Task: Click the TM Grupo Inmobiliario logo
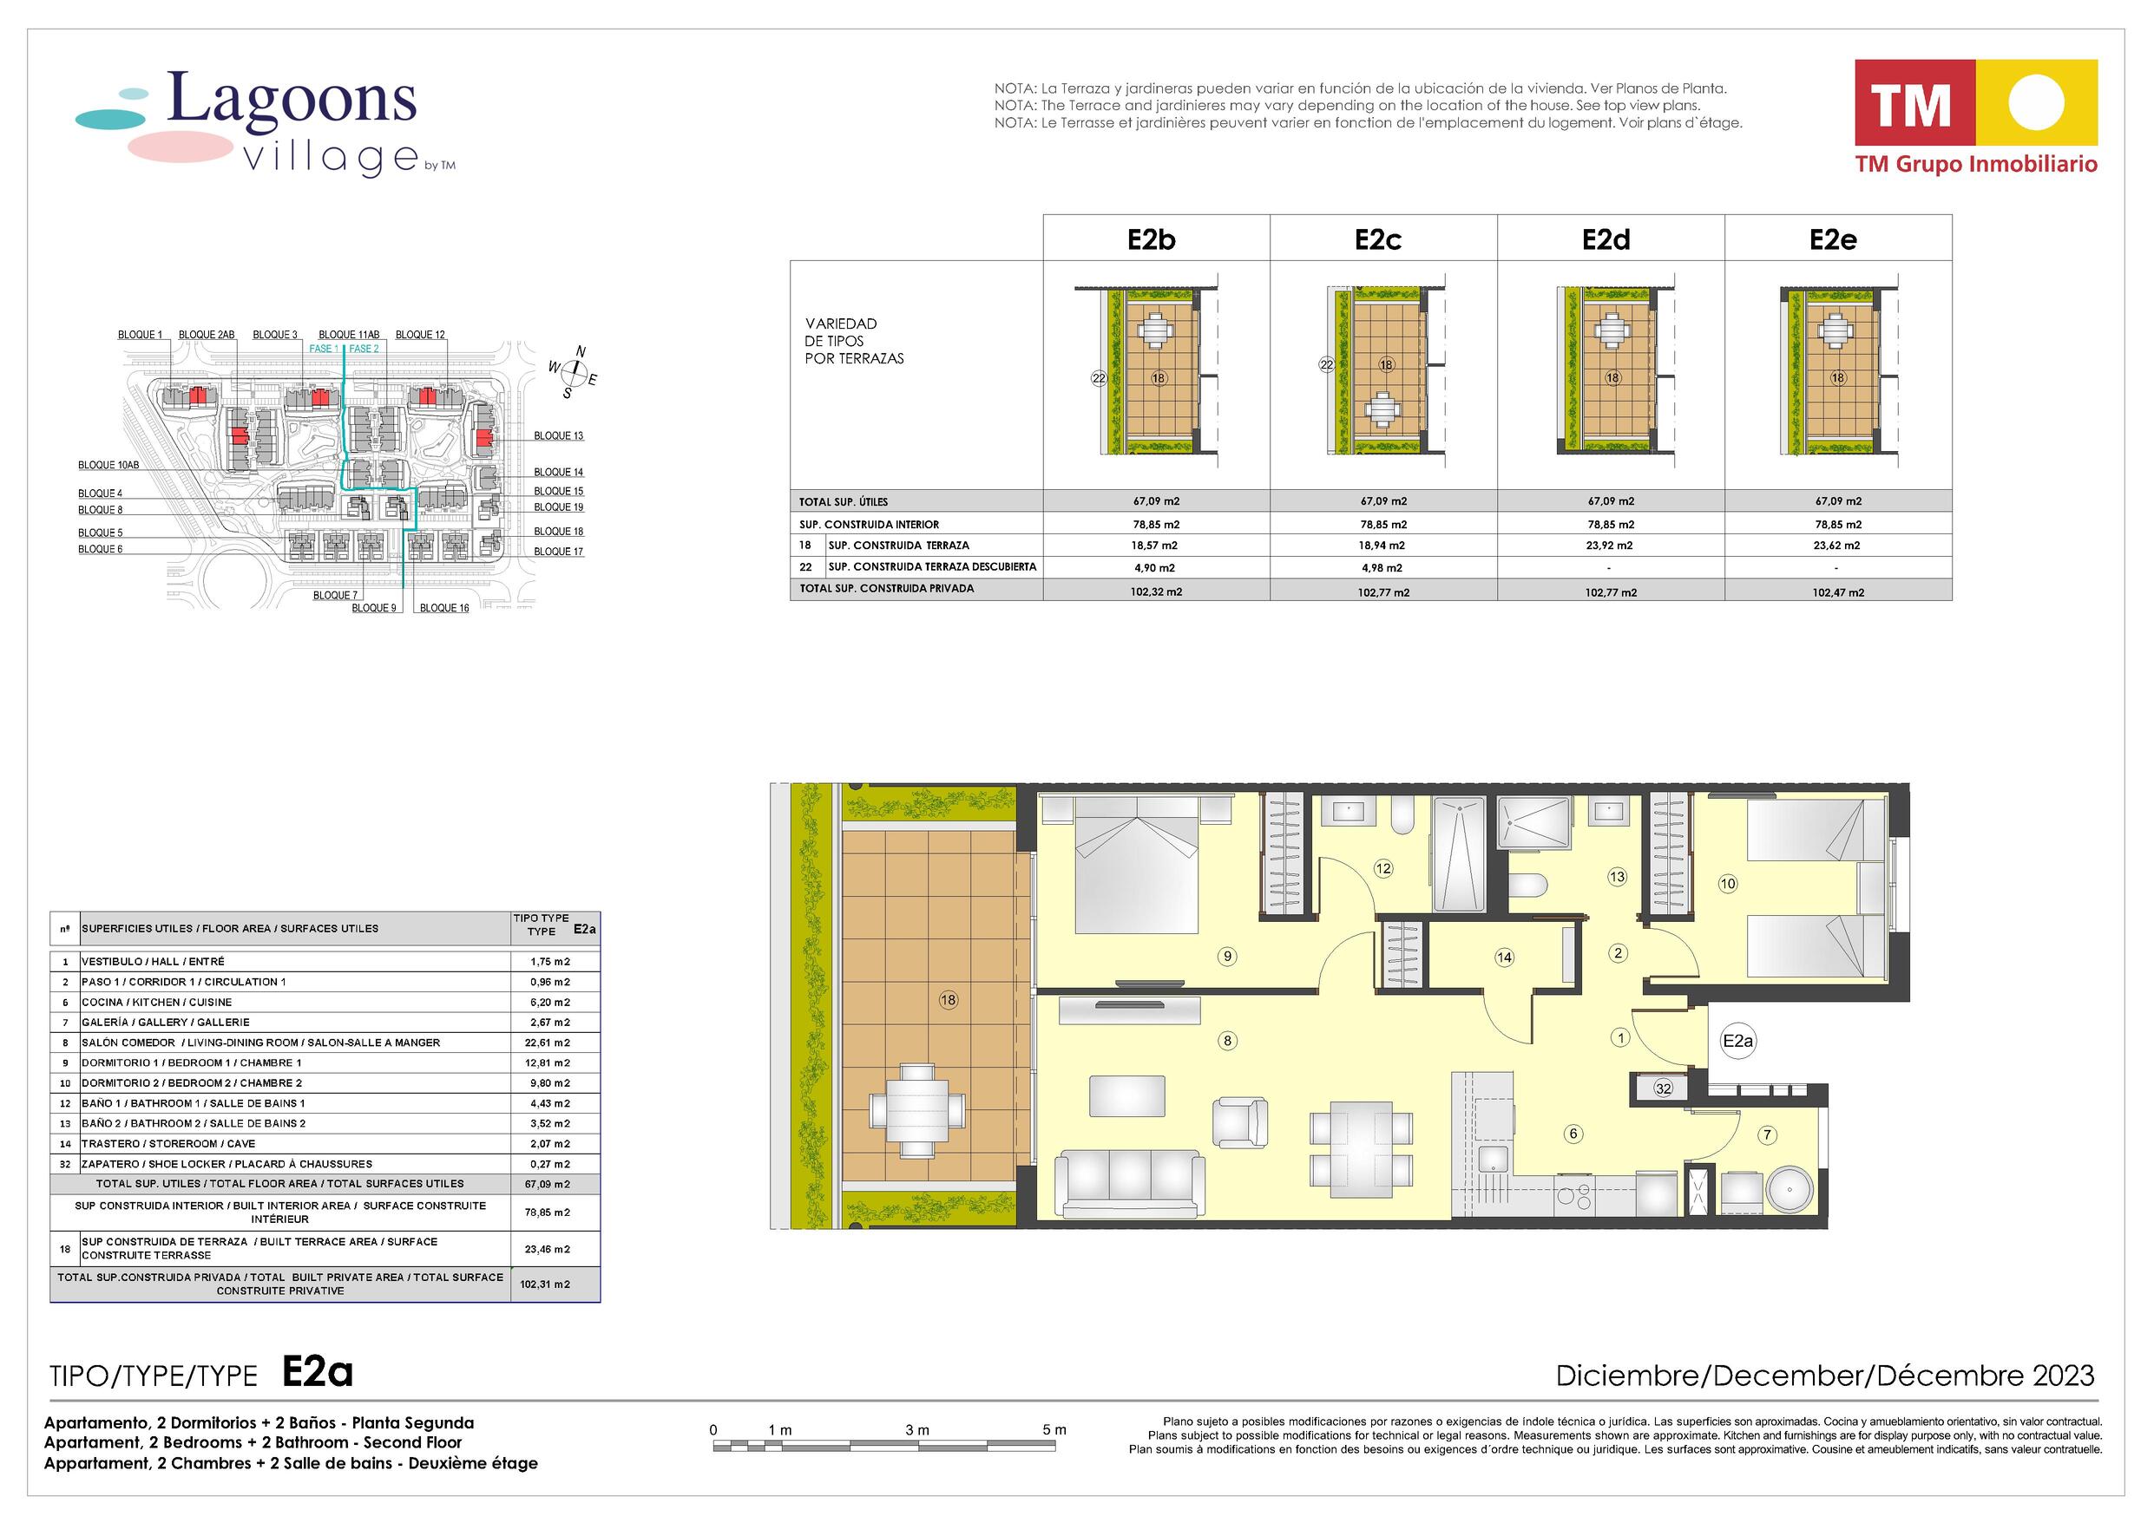tap(1977, 117)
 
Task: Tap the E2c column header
tap(1377, 240)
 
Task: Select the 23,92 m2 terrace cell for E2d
tap(1610, 545)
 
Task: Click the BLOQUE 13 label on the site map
tap(559, 435)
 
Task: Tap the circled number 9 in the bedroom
tap(1227, 957)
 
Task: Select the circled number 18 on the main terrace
tap(949, 1000)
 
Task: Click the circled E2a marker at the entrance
tap(1738, 1041)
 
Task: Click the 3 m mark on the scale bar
tap(917, 1430)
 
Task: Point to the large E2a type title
tap(318, 1373)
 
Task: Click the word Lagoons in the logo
tap(292, 100)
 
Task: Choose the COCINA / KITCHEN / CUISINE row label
tap(157, 1002)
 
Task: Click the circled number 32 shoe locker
tap(1664, 1088)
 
